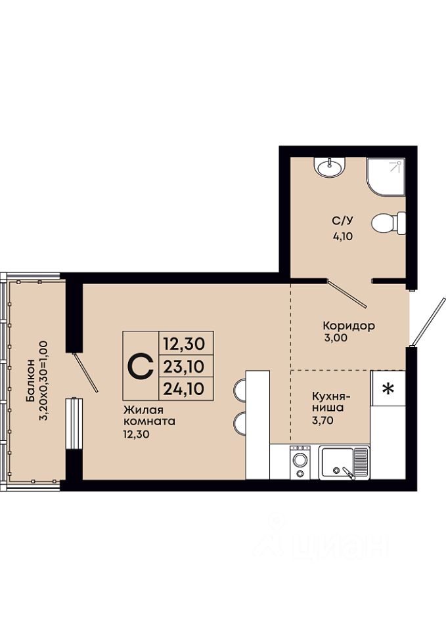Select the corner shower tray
(x=386, y=177)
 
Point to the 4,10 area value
(x=343, y=236)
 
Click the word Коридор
(x=349, y=325)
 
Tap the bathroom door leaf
(x=347, y=294)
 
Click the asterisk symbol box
(x=388, y=388)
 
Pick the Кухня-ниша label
(x=332, y=402)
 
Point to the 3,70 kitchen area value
(x=323, y=421)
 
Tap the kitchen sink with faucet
(x=344, y=463)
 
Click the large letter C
(x=141, y=366)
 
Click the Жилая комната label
(x=149, y=416)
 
